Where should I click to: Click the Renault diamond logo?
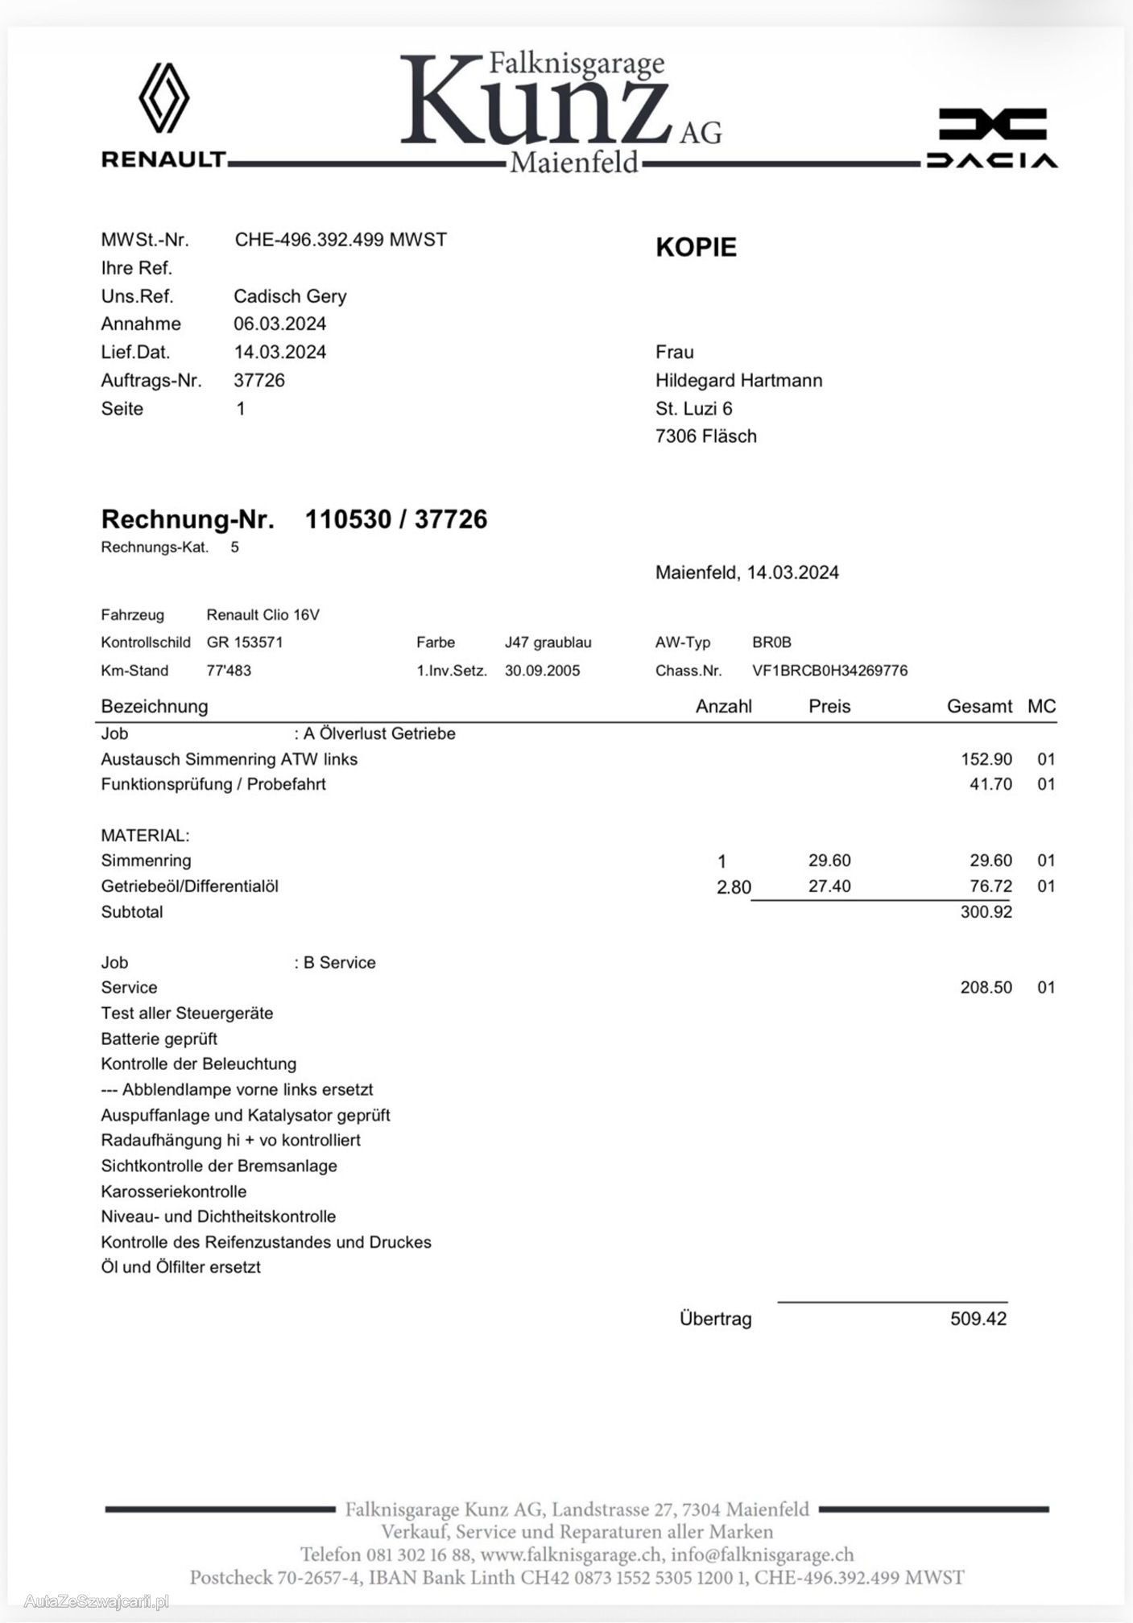(x=163, y=97)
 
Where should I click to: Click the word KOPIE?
(x=696, y=247)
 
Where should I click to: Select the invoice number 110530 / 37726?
(x=395, y=519)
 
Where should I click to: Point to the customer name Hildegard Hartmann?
(x=738, y=380)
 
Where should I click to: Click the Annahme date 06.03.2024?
(x=279, y=324)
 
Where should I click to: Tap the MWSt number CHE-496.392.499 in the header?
(x=340, y=239)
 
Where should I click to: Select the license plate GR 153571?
(x=245, y=642)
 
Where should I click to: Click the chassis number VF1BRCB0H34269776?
(x=829, y=671)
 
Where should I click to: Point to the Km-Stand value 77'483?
(x=229, y=671)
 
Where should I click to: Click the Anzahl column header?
(x=723, y=706)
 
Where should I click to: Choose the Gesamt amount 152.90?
(x=986, y=759)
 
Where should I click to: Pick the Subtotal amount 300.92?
(x=986, y=912)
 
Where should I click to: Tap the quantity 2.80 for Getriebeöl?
(x=734, y=887)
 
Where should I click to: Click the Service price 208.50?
(x=986, y=988)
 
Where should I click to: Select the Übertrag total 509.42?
(x=978, y=1319)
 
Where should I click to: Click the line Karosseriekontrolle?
(x=174, y=1191)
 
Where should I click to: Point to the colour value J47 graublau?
(x=548, y=642)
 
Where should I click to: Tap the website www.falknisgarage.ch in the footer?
(x=572, y=1555)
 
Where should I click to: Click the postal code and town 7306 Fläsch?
(x=705, y=436)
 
